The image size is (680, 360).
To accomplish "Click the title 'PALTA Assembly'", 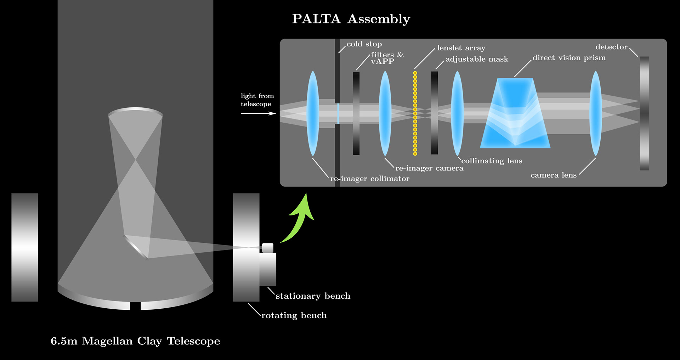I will (x=351, y=19).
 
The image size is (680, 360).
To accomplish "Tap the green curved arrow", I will (x=299, y=221).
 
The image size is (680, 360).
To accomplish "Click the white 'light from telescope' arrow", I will (x=258, y=113).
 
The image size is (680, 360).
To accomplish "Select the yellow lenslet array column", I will (x=415, y=113).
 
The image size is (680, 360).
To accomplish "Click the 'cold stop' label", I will (x=364, y=44).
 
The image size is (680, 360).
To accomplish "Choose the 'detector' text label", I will (x=611, y=47).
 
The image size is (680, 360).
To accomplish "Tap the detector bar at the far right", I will (x=644, y=113).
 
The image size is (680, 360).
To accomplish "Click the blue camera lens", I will (x=596, y=113).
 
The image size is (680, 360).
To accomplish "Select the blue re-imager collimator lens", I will (x=313, y=113).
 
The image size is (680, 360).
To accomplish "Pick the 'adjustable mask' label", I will (x=477, y=59).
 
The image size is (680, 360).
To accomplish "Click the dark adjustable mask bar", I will (x=435, y=113).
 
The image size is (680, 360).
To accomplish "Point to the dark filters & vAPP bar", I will (x=356, y=113).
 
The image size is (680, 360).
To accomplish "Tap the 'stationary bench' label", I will (x=313, y=296).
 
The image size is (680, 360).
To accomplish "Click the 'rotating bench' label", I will (x=294, y=315).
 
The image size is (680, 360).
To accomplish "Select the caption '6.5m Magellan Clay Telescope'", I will (x=135, y=341).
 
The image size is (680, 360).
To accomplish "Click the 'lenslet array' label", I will (x=461, y=48).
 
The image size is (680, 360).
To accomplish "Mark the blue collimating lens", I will (x=457, y=113).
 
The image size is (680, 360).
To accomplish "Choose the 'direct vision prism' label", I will (x=569, y=58).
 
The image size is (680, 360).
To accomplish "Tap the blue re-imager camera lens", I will (x=385, y=113).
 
